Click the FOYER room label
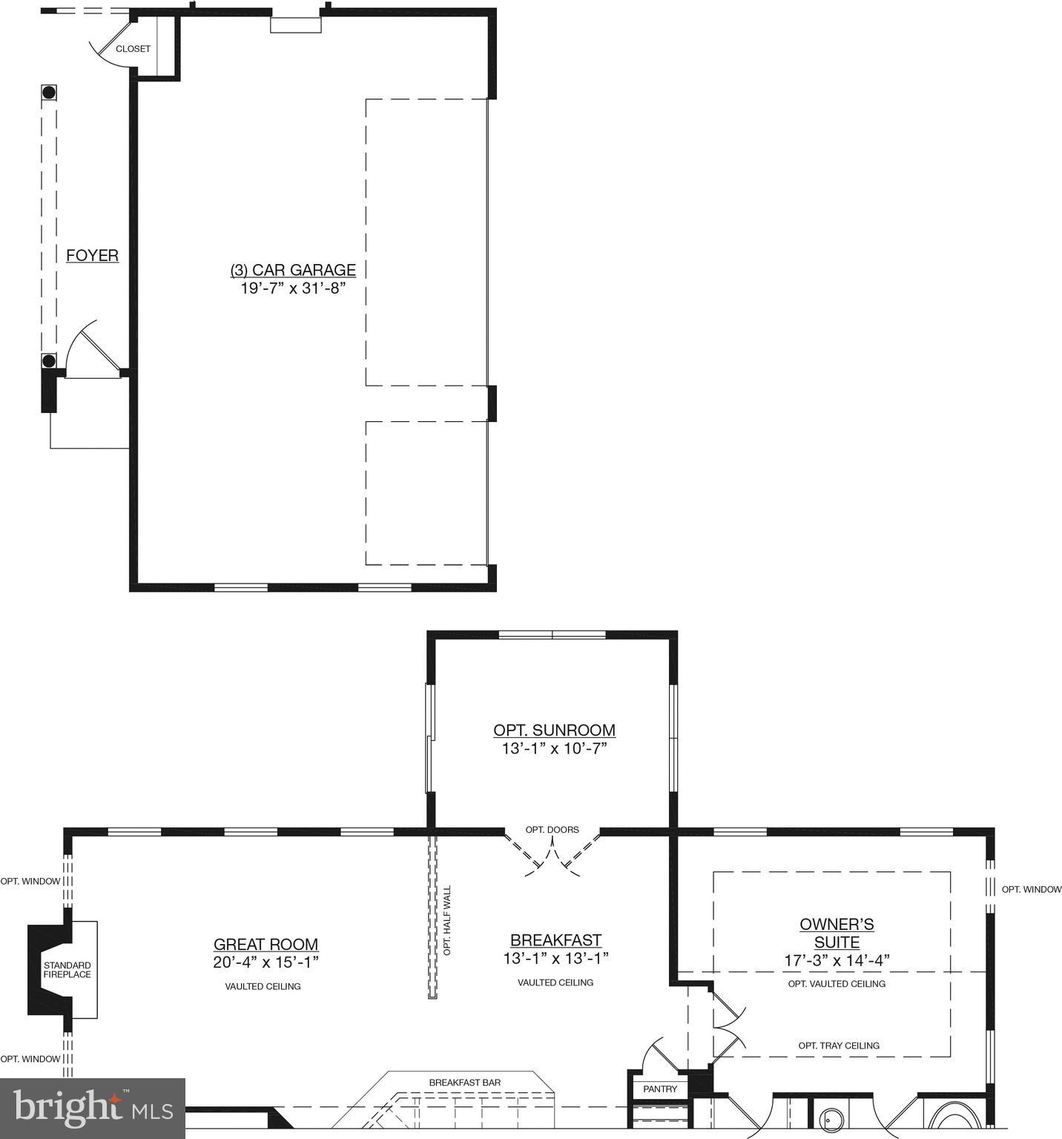point(92,256)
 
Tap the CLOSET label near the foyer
point(133,49)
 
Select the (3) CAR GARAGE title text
point(293,270)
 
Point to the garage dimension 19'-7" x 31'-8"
point(293,288)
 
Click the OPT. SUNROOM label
point(554,730)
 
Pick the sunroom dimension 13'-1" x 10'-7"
point(554,749)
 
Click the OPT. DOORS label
point(552,830)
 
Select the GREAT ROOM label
point(265,944)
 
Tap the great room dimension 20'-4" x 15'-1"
point(265,963)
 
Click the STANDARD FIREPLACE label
point(67,970)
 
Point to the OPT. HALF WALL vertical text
point(447,920)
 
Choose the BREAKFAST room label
point(555,940)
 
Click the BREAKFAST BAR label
point(464,1083)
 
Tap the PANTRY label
point(660,1089)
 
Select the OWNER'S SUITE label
point(837,934)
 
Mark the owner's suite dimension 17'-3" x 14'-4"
point(837,961)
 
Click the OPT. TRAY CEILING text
point(839,1046)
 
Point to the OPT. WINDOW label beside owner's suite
point(1031,889)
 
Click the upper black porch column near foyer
point(49,93)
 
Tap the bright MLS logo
point(93,1109)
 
